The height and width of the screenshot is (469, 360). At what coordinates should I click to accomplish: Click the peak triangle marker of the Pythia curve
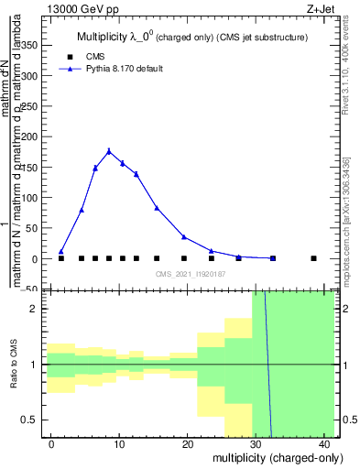[x=109, y=151]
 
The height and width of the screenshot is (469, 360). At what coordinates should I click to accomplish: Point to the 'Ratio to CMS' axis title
[x=13, y=365]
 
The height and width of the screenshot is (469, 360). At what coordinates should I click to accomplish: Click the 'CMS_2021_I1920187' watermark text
[x=191, y=274]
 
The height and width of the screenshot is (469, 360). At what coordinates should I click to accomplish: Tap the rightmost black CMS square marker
[x=313, y=258]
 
